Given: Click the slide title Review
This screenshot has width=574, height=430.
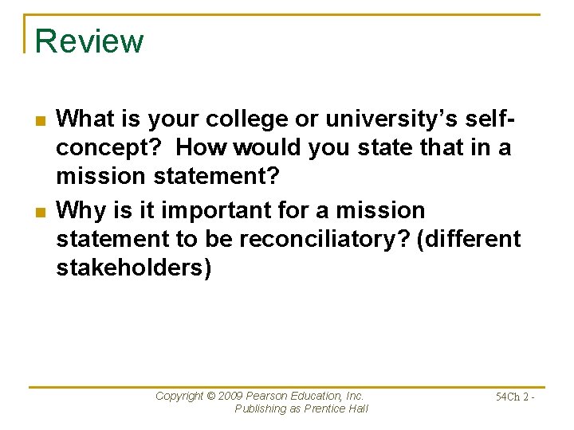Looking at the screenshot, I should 89,41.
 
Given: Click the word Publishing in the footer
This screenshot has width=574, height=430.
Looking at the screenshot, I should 261,408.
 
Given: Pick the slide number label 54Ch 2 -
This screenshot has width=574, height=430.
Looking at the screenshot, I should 514,397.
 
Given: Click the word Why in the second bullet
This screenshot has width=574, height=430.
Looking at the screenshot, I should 77,210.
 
